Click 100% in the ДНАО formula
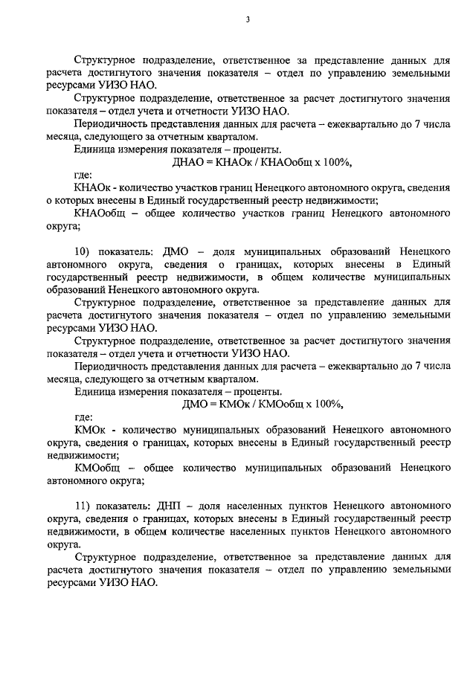(332, 162)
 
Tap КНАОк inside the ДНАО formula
(235, 162)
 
